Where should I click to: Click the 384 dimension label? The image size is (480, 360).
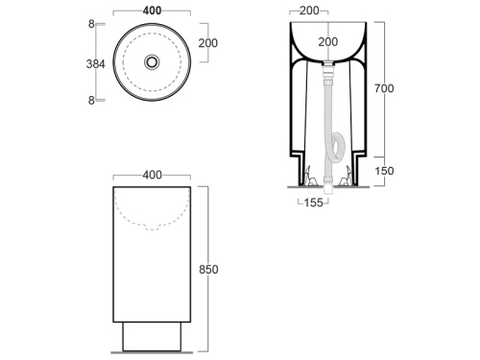tap(95, 64)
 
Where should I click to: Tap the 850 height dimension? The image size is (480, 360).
tap(208, 270)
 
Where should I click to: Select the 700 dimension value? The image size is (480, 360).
tap(384, 88)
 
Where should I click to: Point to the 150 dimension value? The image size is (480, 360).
tap(384, 171)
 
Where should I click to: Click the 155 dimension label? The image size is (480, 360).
tap(314, 203)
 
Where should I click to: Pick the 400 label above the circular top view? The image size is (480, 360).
tap(152, 11)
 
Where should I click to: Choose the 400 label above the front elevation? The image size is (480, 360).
tap(153, 175)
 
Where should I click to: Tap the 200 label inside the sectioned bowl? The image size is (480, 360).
tap(328, 42)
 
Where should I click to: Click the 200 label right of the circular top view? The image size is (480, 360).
tap(208, 43)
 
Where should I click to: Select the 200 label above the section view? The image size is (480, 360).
tap(309, 11)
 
